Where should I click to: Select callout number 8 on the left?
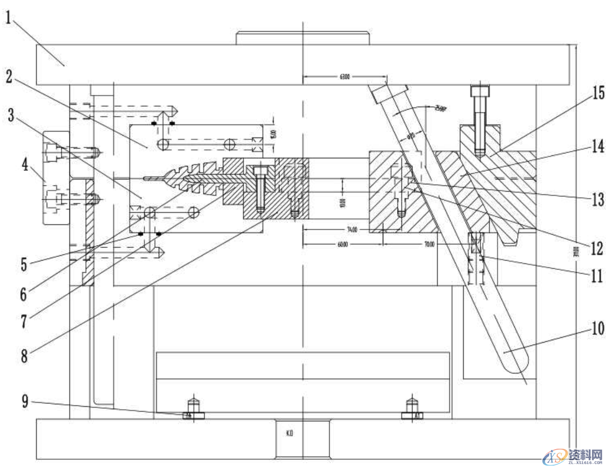tap(24, 356)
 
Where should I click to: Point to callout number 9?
tap(25, 401)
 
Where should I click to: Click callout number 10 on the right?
tap(597, 329)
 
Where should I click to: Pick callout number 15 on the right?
tap(598, 93)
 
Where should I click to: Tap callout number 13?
tap(597, 198)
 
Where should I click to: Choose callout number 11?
tap(597, 276)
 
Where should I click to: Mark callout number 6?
tap(23, 293)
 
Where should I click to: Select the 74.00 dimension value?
tap(352, 230)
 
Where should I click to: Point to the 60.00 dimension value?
tap(342, 245)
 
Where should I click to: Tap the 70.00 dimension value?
tap(429, 245)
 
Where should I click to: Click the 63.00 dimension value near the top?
tap(344, 76)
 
